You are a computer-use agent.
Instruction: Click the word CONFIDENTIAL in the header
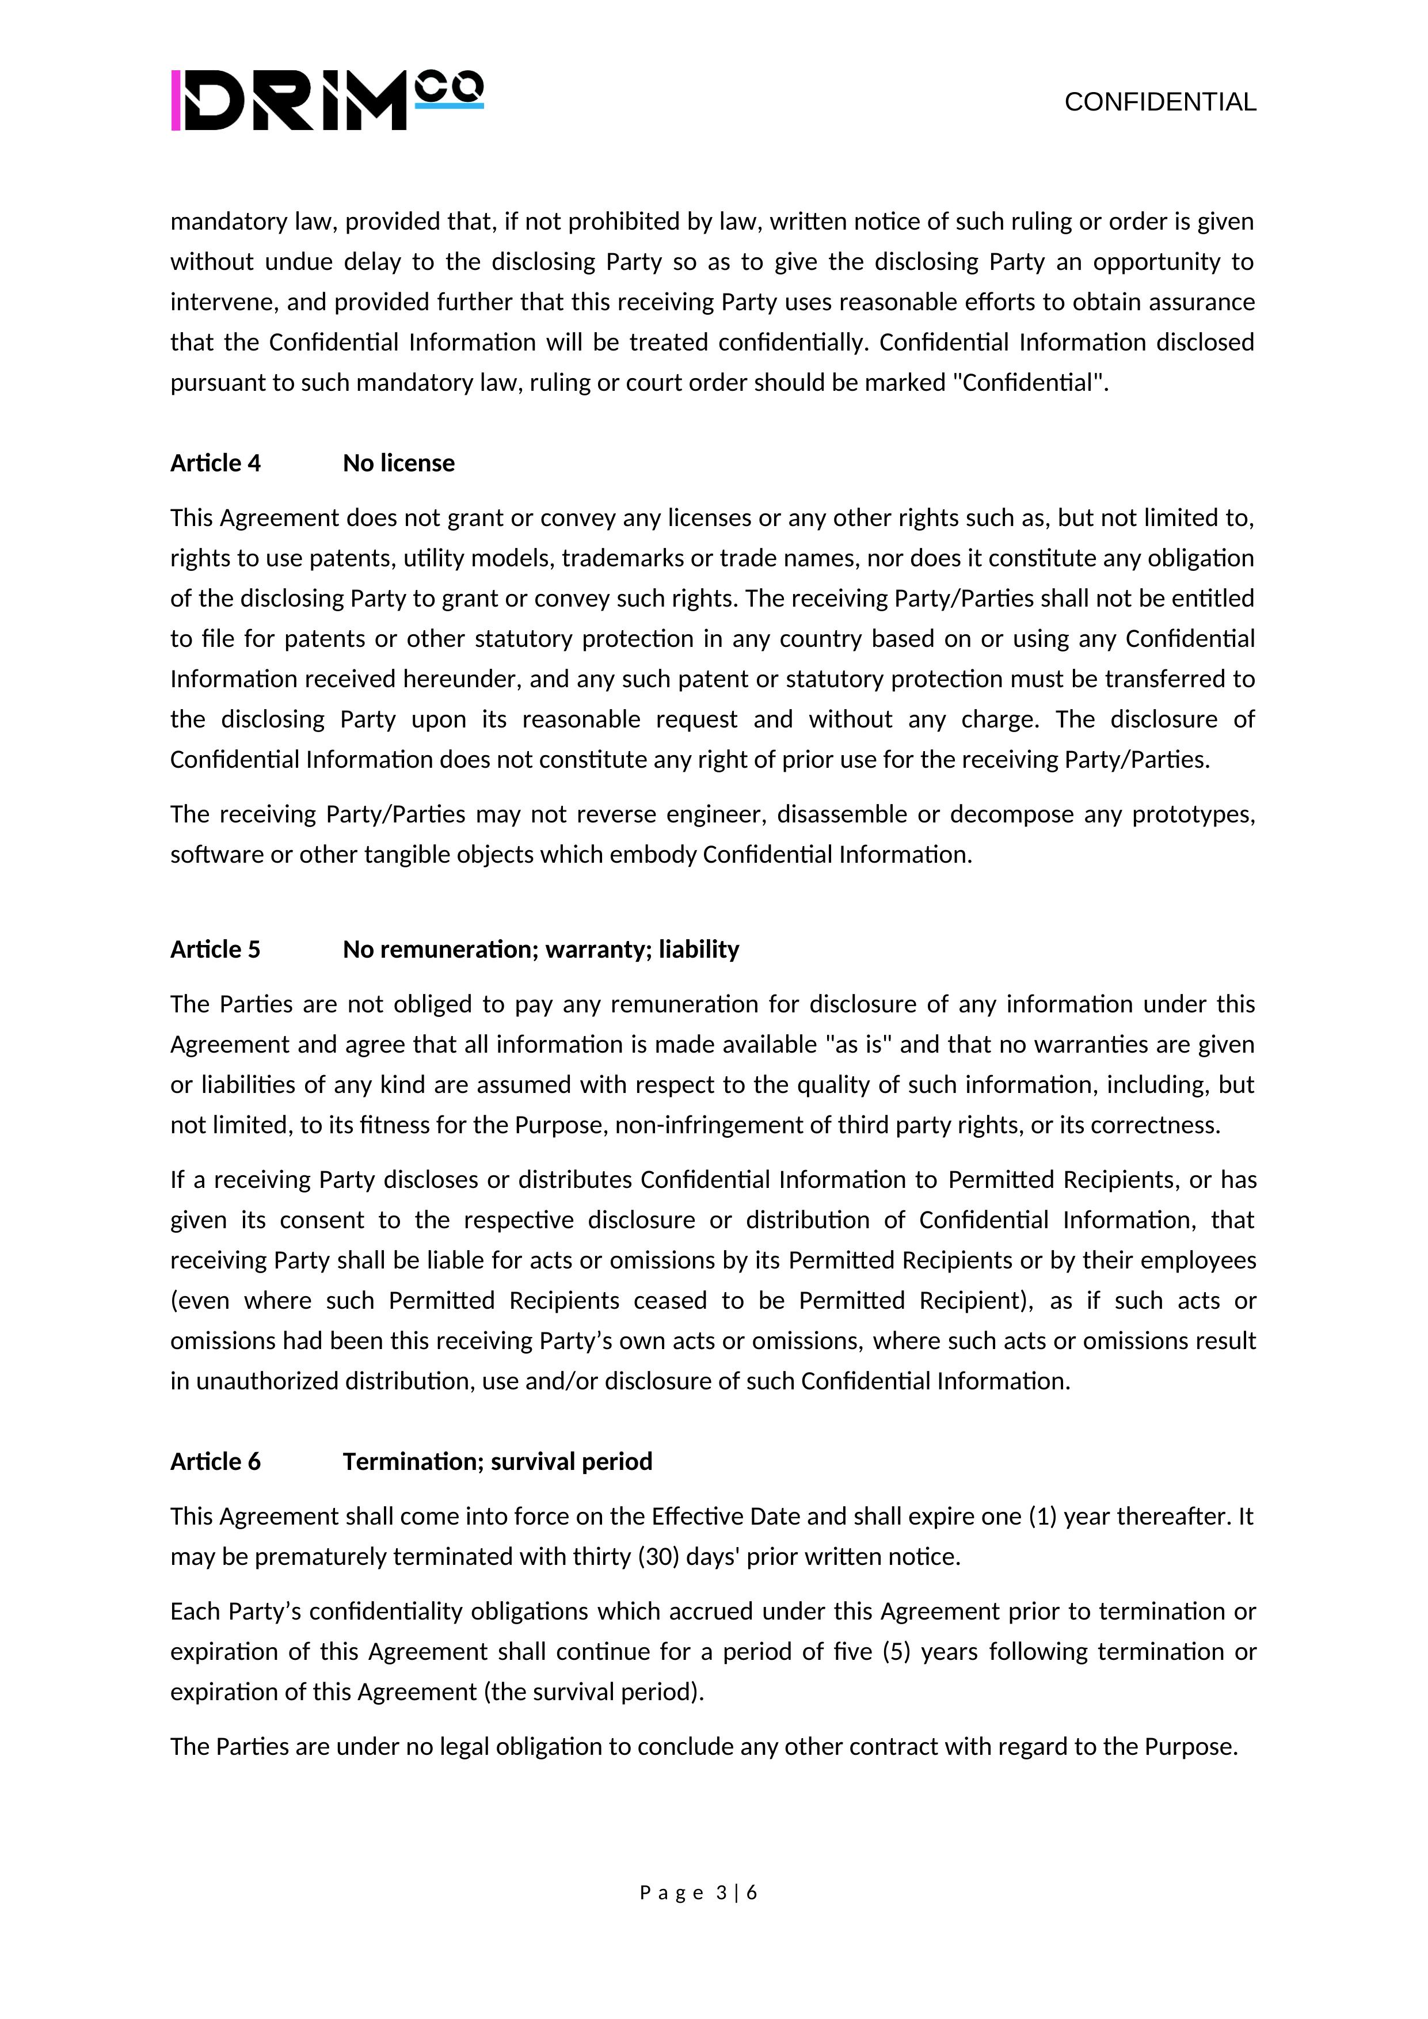pyautogui.click(x=1160, y=103)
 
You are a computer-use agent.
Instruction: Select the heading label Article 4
pyautogui.click(x=215, y=463)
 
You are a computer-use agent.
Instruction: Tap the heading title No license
pyautogui.click(x=398, y=463)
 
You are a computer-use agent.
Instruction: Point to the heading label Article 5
pyautogui.click(x=215, y=950)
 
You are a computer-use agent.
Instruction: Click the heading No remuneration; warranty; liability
pyautogui.click(x=541, y=950)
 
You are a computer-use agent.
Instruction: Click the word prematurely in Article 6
pyautogui.click(x=321, y=1557)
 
